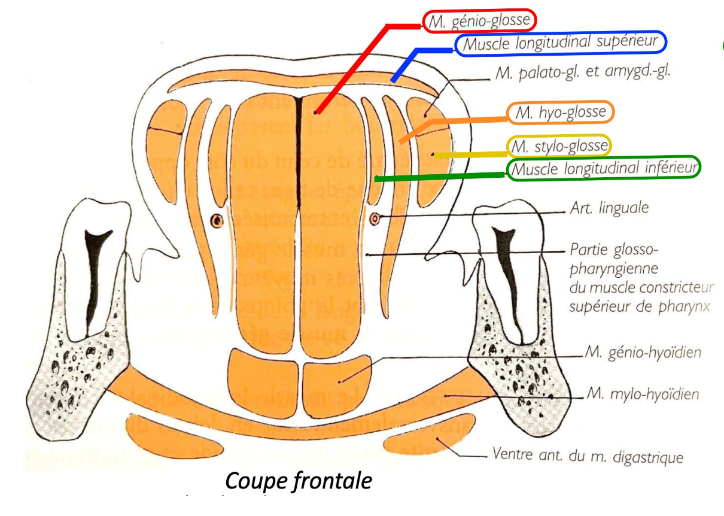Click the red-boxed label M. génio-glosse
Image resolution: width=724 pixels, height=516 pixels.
(x=479, y=21)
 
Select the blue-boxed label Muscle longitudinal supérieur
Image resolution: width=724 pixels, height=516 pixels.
(x=560, y=43)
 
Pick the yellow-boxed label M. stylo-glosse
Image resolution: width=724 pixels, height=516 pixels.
(x=559, y=145)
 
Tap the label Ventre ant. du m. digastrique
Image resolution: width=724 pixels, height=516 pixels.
(x=586, y=458)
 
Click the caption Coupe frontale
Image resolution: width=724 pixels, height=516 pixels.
(x=298, y=481)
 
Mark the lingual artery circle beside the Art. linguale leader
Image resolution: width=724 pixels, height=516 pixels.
(x=375, y=218)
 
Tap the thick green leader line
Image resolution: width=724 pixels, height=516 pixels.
(x=440, y=177)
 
